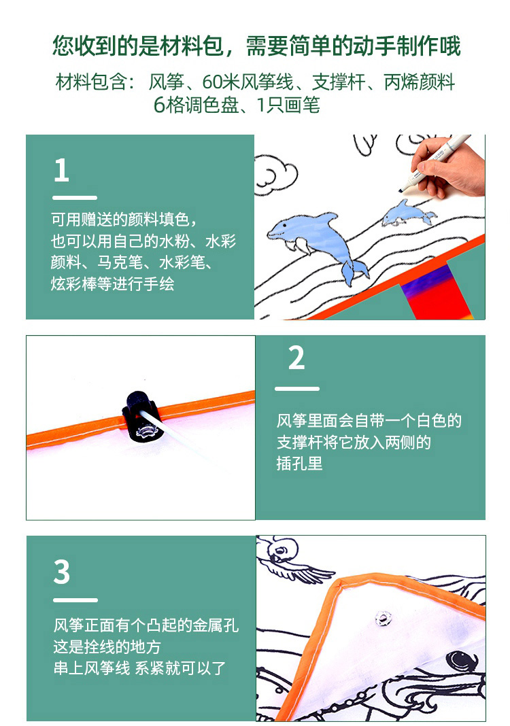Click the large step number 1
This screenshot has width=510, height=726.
pos(62,170)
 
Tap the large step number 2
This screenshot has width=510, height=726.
pos(296,358)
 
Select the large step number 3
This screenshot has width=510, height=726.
pos(62,572)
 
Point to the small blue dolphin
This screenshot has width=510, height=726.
pos(407,213)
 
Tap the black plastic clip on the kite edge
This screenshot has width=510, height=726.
pos(141,417)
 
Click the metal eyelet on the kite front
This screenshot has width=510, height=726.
pos(384,618)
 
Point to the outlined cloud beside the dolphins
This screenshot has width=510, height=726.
pos(275,177)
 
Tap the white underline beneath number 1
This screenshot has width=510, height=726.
pos(75,198)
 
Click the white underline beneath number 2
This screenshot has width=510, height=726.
pos(297,388)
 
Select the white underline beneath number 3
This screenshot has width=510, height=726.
pos(75,600)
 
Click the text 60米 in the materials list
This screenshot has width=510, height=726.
pos(221,82)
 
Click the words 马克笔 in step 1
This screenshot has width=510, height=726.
pos(120,262)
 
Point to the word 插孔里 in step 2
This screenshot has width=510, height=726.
pos(299,464)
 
